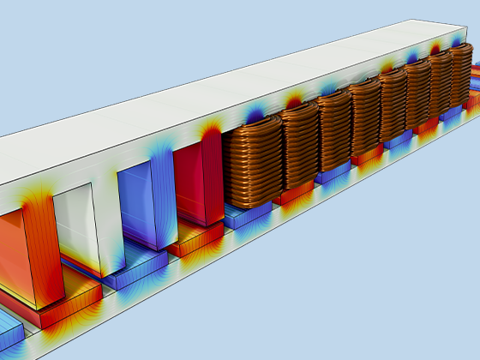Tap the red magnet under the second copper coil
[x=292, y=193]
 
